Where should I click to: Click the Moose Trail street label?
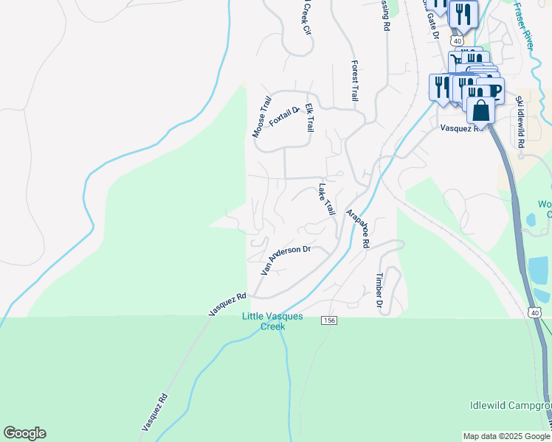coord(261,116)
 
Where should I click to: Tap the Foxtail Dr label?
coord(285,116)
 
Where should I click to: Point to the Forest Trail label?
coord(355,80)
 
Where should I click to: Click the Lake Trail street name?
coord(326,199)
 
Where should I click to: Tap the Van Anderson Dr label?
coord(285,260)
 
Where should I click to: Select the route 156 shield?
coord(330,320)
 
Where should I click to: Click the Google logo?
coord(24,433)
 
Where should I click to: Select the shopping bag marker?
coord(480,110)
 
